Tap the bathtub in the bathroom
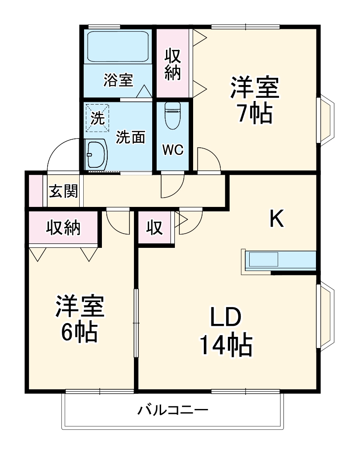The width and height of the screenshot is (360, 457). tap(117, 47)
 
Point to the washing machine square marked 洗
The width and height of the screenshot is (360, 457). tap(97, 118)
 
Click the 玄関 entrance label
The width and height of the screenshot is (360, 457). tap(63, 191)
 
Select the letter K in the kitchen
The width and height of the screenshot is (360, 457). tap(277, 219)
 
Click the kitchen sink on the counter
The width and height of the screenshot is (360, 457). tap(263, 260)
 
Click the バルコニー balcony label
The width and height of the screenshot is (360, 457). tap(172, 409)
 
